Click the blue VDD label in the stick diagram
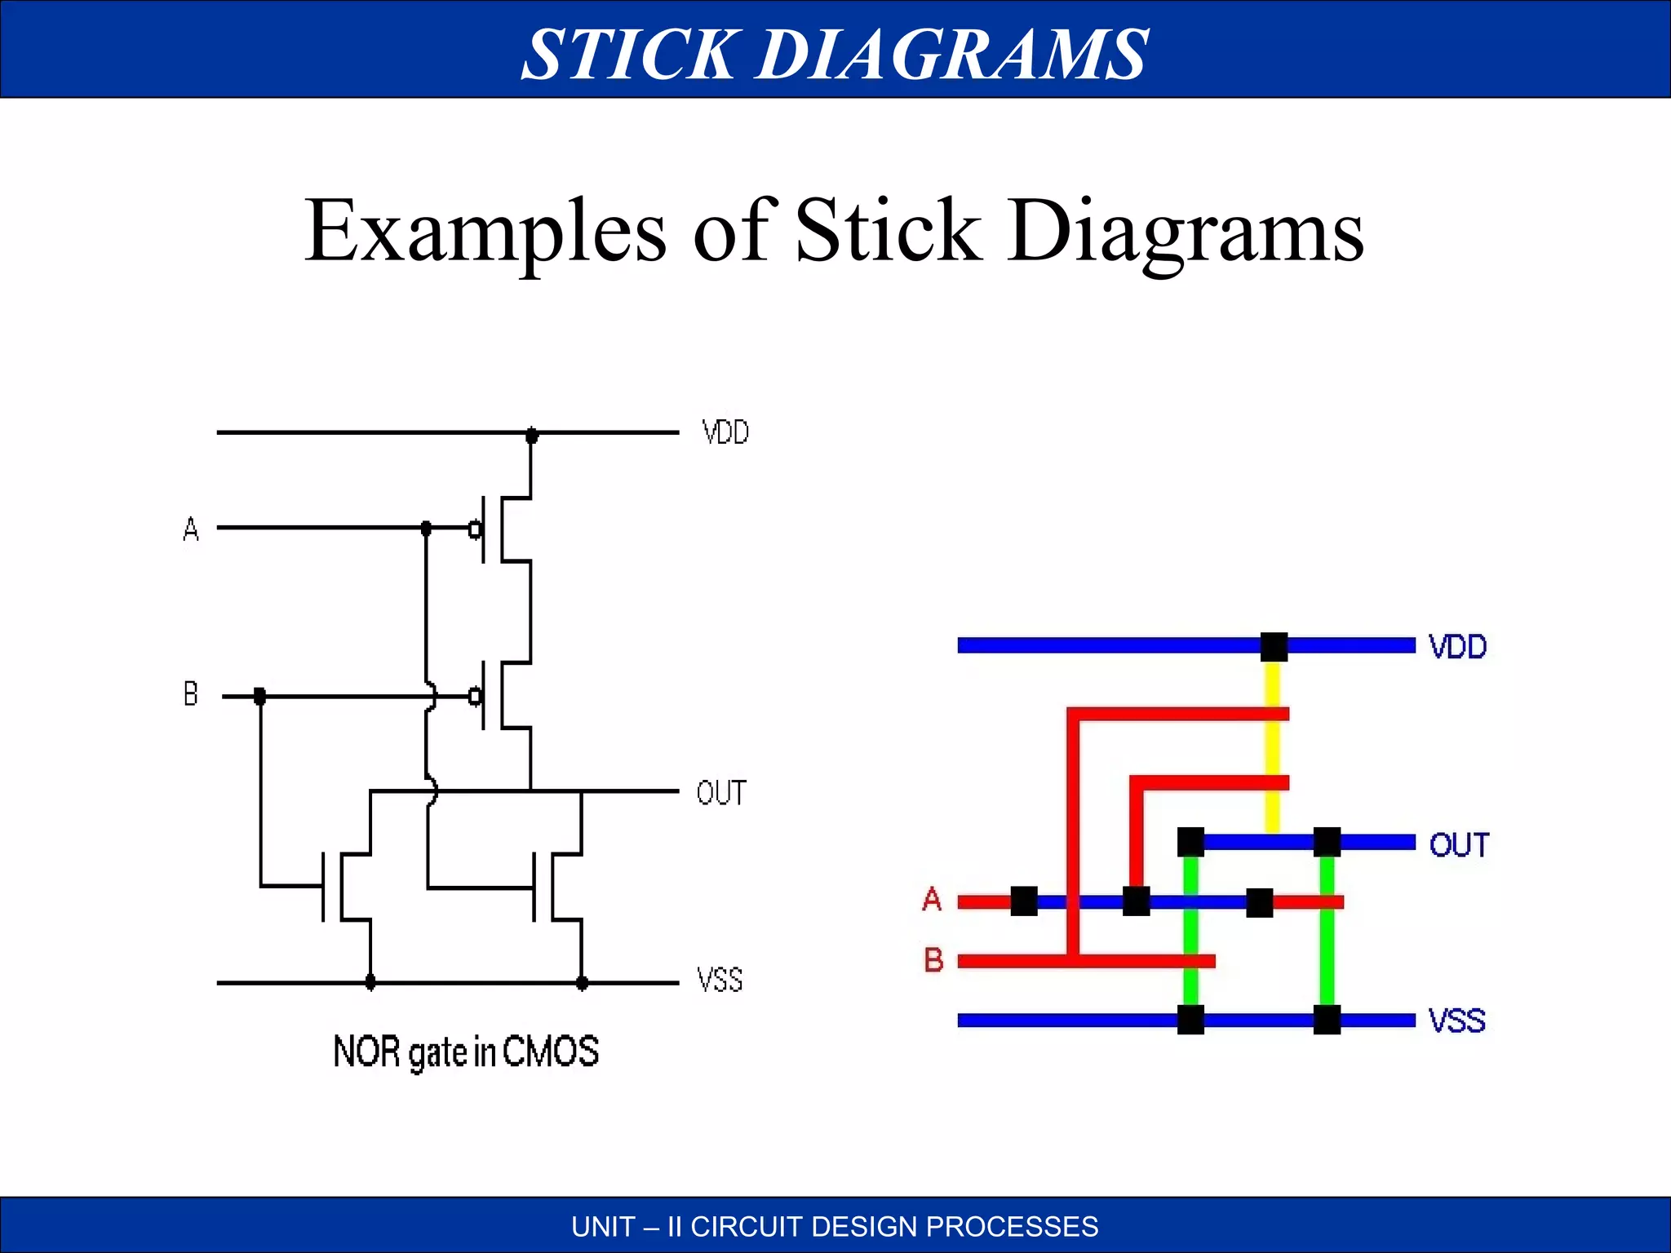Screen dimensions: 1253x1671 point(1457,647)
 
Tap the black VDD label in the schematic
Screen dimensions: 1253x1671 point(725,432)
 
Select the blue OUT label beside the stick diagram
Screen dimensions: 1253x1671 point(1459,845)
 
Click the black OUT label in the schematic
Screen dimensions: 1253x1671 point(721,793)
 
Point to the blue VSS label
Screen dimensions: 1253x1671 point(1456,1021)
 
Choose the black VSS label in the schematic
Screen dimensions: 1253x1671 point(720,980)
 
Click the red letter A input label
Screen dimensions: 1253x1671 point(932,900)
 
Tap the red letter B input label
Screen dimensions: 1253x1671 point(933,960)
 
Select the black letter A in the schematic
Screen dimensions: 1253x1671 point(191,529)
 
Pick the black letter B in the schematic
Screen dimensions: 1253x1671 point(190,694)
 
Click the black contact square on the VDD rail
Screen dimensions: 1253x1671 point(1274,647)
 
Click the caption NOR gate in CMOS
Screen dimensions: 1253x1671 point(466,1052)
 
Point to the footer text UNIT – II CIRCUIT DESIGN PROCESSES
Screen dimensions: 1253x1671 point(835,1227)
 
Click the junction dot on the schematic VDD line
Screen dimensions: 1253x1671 point(532,435)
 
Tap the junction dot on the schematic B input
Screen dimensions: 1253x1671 point(260,697)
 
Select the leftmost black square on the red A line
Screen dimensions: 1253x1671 point(1024,901)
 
